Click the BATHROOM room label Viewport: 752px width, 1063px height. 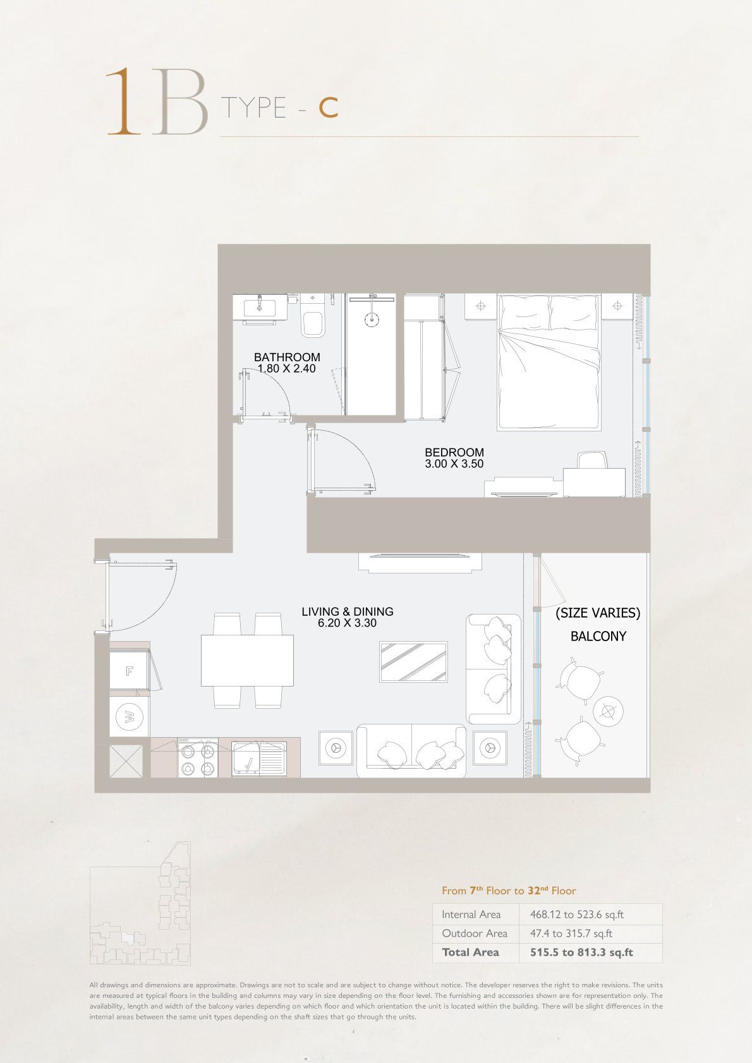coord(287,357)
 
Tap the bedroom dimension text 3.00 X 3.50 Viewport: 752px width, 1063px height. coord(454,464)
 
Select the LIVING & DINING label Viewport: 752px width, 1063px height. coord(348,611)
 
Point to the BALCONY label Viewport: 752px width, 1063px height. coord(598,636)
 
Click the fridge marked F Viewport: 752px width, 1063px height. coord(129,671)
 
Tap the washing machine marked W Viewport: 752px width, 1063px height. coord(129,716)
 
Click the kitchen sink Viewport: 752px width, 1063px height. coord(259,759)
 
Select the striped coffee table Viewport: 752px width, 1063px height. coord(413,662)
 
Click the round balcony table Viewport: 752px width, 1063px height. coord(608,711)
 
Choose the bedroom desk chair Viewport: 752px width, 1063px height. coord(592,461)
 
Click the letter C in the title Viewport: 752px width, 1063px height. coord(328,108)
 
